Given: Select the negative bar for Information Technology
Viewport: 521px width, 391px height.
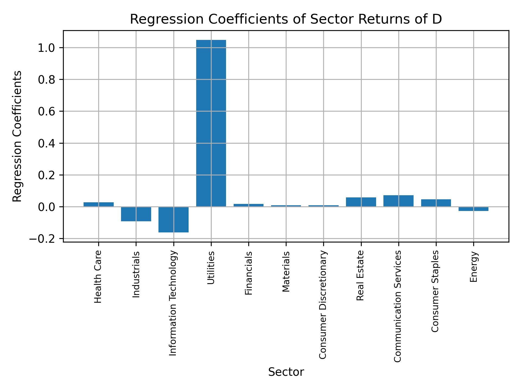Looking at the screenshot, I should tap(173, 220).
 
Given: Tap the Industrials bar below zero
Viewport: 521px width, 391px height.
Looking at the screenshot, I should tap(136, 214).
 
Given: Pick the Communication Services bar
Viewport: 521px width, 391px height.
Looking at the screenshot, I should tap(398, 201).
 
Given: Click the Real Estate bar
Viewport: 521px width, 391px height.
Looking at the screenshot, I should tap(361, 202).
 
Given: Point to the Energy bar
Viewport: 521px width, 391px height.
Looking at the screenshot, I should tap(473, 209).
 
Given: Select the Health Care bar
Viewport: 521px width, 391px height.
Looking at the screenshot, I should tap(99, 204).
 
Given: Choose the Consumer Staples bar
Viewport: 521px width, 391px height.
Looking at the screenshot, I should tap(436, 203).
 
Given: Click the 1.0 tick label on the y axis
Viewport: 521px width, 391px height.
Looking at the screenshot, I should tap(46, 48).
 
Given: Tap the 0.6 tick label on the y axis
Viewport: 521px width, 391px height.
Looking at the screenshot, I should tap(46, 112).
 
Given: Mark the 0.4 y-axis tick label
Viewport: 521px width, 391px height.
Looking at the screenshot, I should tap(46, 143).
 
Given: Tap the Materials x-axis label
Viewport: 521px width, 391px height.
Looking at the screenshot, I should tap(286, 272).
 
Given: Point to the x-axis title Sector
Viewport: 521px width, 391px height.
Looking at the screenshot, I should tap(286, 372).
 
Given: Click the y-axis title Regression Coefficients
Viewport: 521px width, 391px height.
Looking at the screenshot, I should tap(17, 136).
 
